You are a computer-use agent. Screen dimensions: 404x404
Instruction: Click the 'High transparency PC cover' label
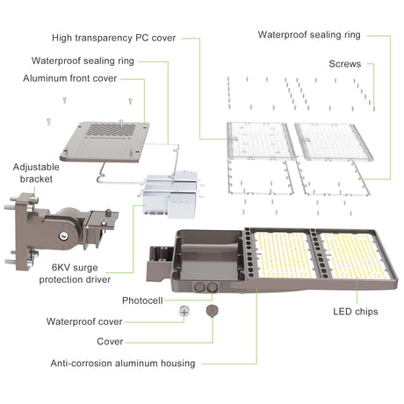[114, 38]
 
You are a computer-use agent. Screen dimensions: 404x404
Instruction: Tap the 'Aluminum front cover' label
[70, 78]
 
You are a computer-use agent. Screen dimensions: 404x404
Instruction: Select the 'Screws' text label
[345, 64]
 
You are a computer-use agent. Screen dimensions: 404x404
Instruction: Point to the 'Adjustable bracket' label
[36, 173]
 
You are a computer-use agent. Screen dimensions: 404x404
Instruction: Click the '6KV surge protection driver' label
[75, 273]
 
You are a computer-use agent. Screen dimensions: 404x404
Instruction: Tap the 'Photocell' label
[142, 300]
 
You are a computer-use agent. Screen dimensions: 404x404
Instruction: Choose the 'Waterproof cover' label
[84, 321]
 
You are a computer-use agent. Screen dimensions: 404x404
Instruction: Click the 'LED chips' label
[356, 312]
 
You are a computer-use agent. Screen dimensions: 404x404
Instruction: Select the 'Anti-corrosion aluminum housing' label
[123, 364]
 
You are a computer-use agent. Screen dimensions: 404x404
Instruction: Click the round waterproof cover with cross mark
[184, 312]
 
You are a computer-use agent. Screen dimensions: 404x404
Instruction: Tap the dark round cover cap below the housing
[213, 311]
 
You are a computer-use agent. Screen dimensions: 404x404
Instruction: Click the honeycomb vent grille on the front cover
[112, 131]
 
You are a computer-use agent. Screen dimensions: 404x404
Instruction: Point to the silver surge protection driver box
[170, 195]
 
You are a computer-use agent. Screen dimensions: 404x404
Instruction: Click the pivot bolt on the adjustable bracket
[63, 235]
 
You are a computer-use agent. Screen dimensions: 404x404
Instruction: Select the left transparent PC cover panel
[260, 141]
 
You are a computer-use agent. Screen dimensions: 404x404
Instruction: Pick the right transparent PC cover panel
[334, 141]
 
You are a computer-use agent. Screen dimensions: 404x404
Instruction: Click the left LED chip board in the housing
[285, 255]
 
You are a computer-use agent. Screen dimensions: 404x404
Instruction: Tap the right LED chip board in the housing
[354, 256]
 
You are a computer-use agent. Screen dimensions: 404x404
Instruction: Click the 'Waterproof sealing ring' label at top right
[309, 35]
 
